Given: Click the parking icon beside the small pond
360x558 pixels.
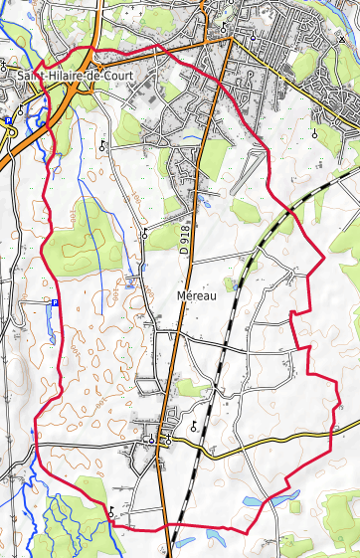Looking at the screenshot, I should click(55, 303).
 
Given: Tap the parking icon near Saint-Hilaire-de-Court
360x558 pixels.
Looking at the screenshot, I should click(9, 120).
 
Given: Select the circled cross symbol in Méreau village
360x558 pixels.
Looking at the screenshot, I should click(151, 438).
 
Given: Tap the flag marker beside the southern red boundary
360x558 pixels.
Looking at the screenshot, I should click(112, 510).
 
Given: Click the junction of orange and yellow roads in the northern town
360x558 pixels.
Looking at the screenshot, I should click(231, 40).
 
